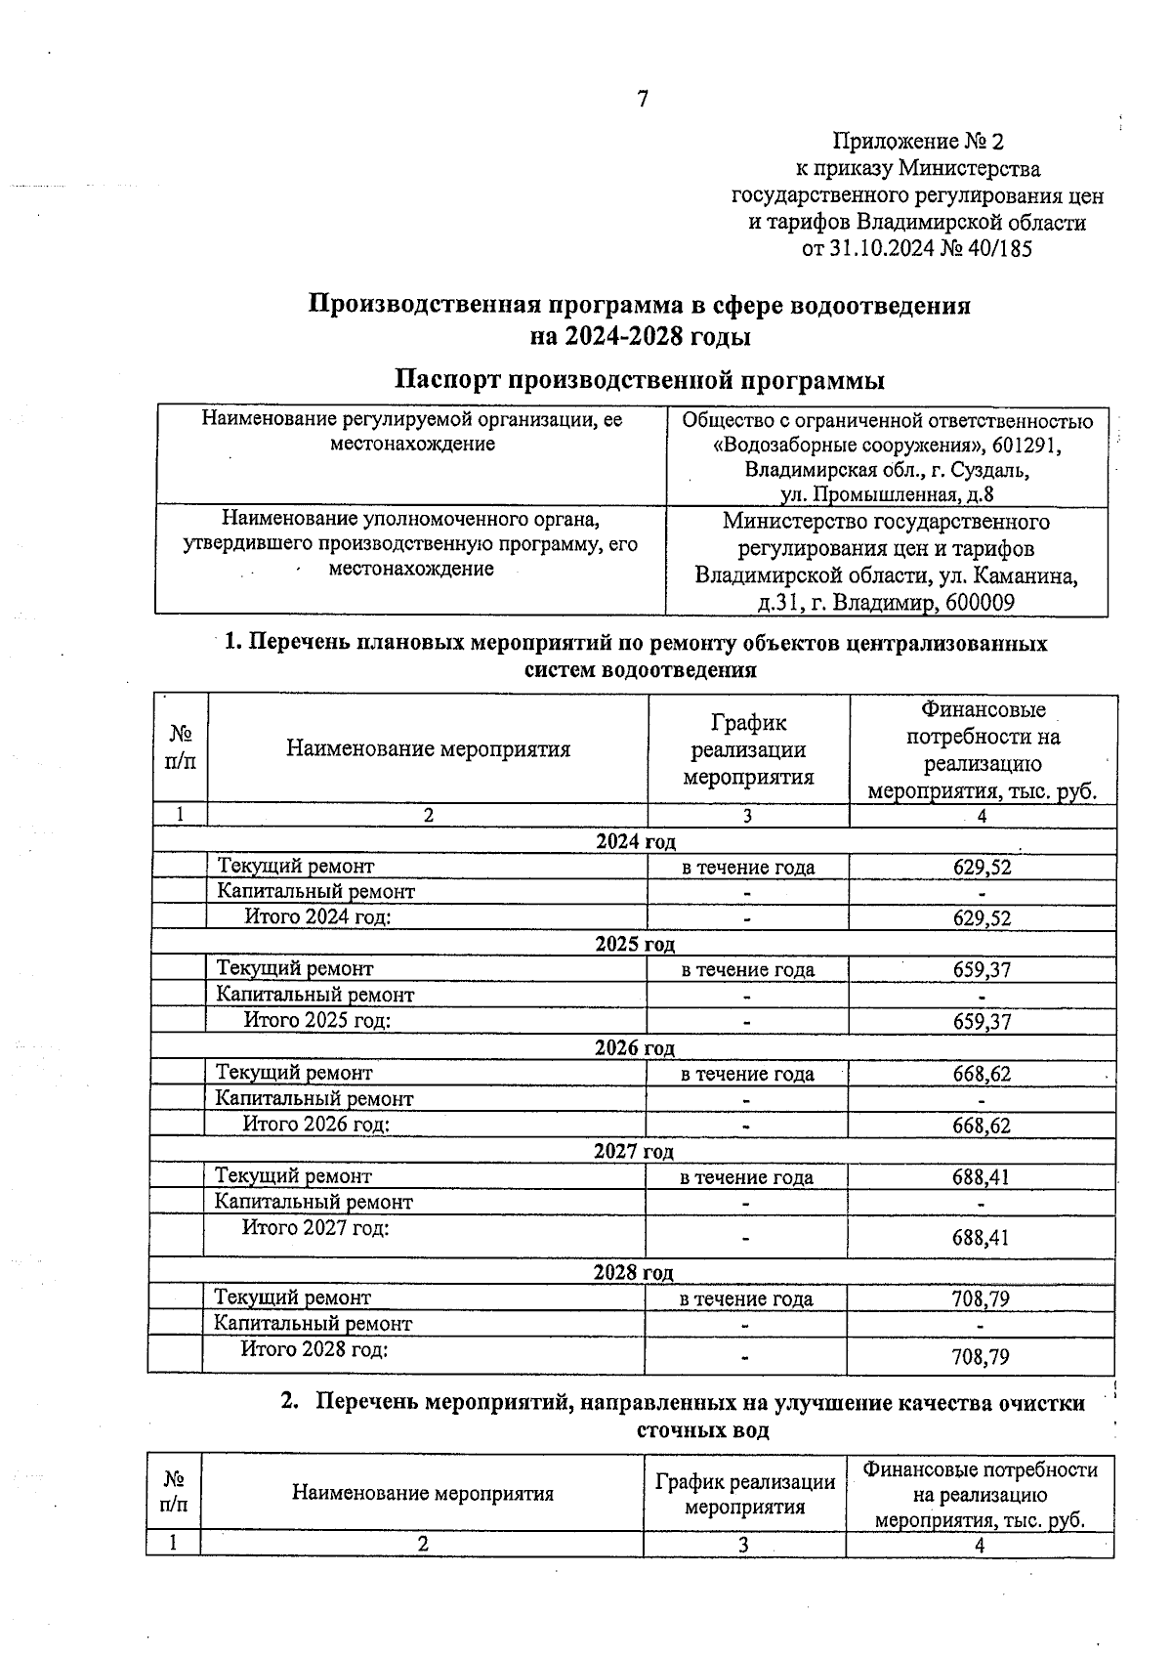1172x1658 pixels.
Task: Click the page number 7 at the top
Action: [x=642, y=99]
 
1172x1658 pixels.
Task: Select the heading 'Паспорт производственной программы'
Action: [x=640, y=380]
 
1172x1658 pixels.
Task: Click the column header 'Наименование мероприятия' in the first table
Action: [x=428, y=749]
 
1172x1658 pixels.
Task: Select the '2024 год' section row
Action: [x=635, y=841]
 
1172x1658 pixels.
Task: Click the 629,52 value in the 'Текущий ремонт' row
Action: [x=982, y=867]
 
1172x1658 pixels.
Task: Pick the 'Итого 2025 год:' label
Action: [x=316, y=1020]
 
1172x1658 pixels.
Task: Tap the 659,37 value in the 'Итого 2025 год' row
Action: [x=982, y=1022]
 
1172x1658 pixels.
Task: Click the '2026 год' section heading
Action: [x=635, y=1048]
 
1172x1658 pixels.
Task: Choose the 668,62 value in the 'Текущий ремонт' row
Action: [x=982, y=1074]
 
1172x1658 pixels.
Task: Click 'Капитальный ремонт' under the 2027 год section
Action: [x=314, y=1202]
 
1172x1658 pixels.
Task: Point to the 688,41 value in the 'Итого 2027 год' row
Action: [x=981, y=1238]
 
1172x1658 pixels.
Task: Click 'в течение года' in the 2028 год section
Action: [x=745, y=1298]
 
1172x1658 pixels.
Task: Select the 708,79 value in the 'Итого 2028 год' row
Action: [x=980, y=1357]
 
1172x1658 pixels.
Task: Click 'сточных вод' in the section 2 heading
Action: [x=702, y=1430]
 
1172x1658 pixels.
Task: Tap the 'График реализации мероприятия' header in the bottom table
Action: [x=744, y=1494]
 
